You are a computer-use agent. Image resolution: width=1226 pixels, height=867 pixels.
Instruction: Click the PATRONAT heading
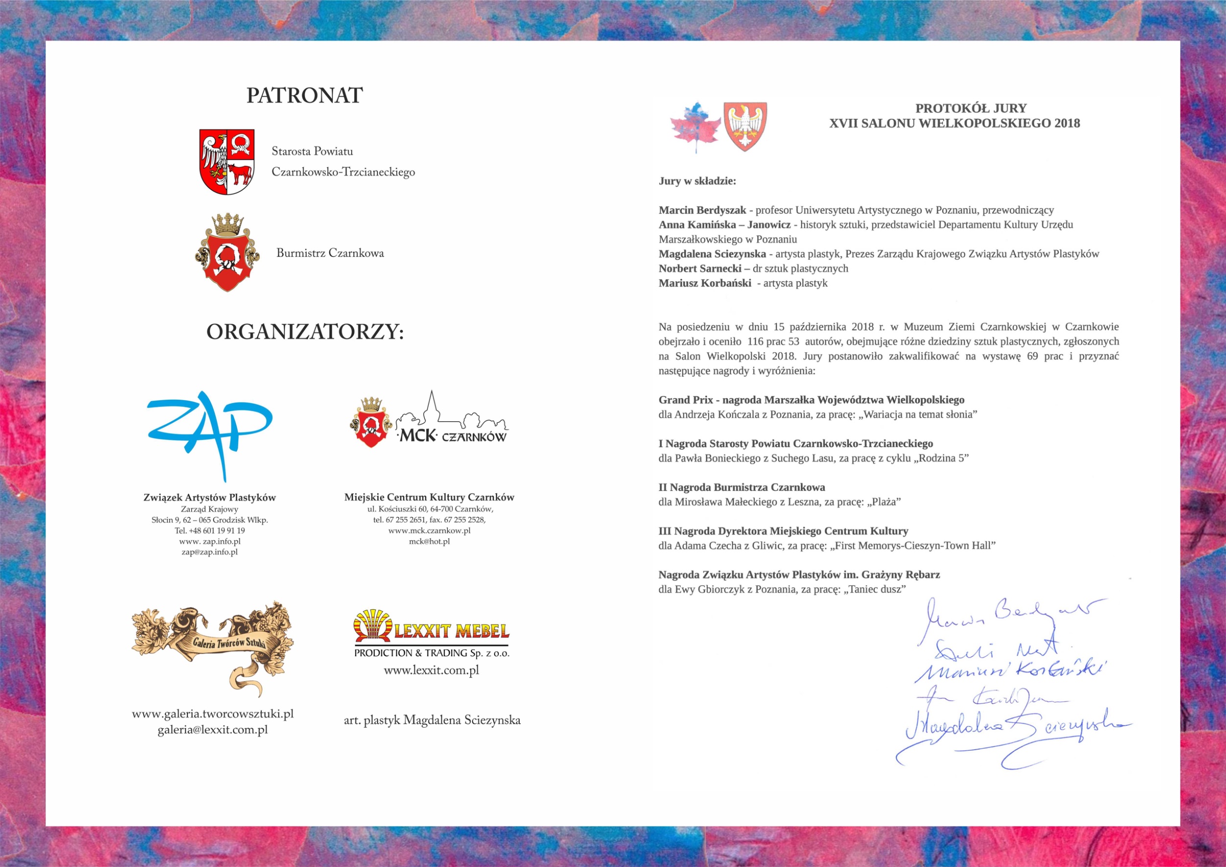[305, 96]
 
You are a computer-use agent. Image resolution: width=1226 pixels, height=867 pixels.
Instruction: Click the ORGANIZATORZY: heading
[305, 332]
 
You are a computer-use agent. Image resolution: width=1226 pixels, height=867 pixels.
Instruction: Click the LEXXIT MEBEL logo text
[451, 633]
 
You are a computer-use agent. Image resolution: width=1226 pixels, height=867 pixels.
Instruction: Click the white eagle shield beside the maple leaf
[745, 126]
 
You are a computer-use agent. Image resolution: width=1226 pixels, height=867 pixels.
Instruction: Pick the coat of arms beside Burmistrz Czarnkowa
[228, 253]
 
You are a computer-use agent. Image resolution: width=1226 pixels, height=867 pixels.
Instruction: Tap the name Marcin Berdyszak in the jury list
[702, 210]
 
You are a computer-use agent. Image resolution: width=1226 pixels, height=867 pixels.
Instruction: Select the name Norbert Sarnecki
[700, 269]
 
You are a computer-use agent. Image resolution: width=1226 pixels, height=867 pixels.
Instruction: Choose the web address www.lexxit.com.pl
[431, 670]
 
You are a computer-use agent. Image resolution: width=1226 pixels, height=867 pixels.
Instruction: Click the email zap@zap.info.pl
[209, 552]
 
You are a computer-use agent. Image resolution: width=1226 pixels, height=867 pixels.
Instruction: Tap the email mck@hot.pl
[429, 541]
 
